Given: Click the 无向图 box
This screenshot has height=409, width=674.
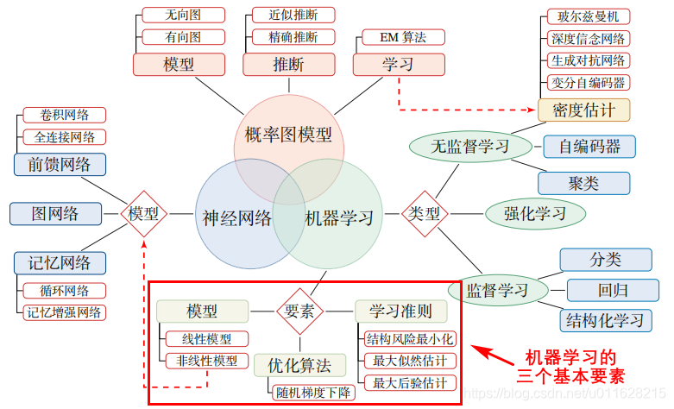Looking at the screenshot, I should click(182, 15).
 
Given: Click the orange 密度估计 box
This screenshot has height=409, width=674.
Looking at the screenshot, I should click(584, 110).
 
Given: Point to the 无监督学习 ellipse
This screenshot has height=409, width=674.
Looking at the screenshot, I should click(470, 145).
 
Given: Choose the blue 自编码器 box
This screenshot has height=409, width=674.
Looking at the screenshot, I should click(589, 146).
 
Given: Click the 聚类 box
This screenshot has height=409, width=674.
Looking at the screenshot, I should click(583, 183).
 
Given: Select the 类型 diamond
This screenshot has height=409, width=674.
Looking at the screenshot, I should click(424, 212).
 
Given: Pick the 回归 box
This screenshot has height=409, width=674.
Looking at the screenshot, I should click(607, 290).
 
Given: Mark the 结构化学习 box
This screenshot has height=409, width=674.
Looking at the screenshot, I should click(605, 320).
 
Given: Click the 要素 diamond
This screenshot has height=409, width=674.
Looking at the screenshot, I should click(299, 311).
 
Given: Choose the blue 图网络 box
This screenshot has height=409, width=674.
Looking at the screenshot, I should click(55, 213).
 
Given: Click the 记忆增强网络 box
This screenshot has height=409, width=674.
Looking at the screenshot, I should click(65, 312).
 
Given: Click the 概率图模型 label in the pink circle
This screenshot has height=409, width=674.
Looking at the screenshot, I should click(288, 135).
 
